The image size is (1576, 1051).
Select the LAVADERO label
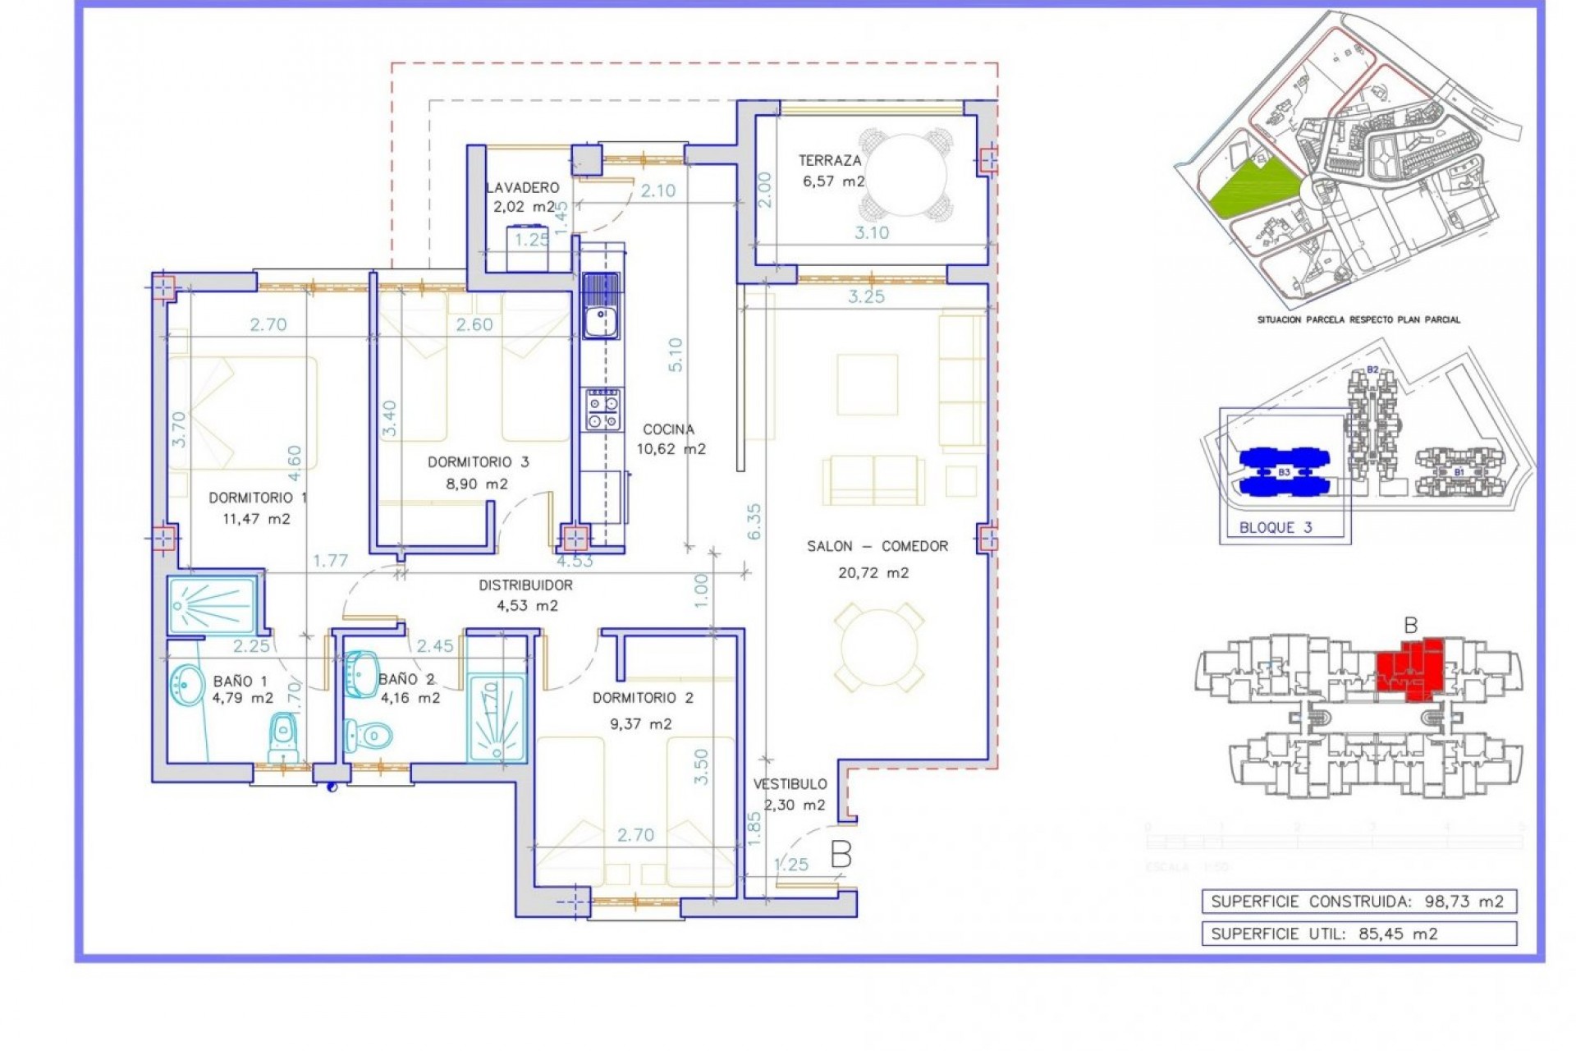coord(522,188)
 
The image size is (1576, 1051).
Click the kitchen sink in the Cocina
coord(601,308)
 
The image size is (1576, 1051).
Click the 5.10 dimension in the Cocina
coord(675,355)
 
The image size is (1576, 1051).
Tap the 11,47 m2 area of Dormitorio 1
coord(256,519)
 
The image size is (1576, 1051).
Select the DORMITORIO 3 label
coord(478,462)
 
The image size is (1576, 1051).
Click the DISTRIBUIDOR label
coord(525,585)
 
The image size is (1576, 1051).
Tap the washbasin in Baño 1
coord(188,685)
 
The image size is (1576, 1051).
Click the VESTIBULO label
coord(790,784)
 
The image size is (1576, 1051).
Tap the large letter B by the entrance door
coord(841,855)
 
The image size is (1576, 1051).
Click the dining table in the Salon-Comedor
coord(878,647)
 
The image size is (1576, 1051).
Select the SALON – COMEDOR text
coord(877,546)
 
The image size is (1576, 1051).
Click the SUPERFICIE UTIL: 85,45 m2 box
coord(1358,934)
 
